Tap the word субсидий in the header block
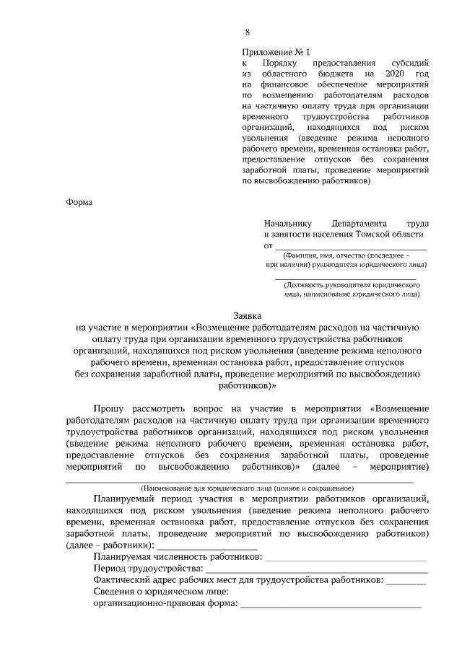[x=411, y=63]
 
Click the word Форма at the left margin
[x=79, y=202]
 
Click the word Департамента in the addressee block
[x=359, y=224]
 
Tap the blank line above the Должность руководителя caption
[x=346, y=277]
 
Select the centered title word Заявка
[x=248, y=316]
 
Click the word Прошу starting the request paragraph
[x=111, y=408]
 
